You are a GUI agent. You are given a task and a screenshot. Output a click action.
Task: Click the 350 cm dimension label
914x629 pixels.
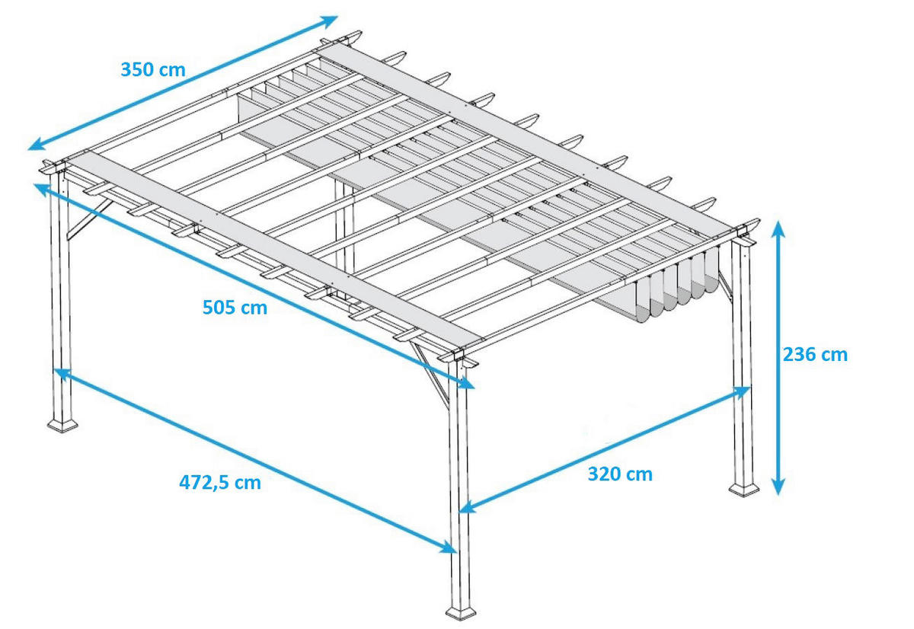click(153, 69)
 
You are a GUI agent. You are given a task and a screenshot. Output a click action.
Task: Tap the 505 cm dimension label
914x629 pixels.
click(235, 307)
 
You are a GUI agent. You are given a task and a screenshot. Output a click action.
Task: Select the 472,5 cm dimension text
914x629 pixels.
click(220, 483)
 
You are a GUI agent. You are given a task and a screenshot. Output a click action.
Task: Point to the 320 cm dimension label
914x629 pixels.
click(620, 474)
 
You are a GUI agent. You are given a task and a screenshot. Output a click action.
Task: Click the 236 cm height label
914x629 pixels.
click(815, 354)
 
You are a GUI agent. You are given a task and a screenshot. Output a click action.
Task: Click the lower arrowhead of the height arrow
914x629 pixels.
click(778, 487)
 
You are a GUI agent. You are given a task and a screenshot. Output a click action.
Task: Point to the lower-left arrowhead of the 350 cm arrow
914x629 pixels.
click(37, 145)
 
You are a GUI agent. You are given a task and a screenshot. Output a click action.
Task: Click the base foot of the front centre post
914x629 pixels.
click(461, 613)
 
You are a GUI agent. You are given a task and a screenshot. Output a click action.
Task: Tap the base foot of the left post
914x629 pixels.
click(62, 425)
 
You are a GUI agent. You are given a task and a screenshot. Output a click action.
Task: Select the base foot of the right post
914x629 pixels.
click(744, 490)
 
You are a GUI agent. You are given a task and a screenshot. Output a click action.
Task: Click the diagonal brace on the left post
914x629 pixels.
click(89, 219)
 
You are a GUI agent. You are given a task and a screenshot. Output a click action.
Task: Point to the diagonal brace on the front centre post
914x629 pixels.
click(430, 376)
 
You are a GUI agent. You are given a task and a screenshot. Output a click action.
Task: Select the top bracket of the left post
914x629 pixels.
click(54, 168)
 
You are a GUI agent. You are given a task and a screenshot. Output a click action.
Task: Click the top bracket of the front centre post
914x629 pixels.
click(457, 357)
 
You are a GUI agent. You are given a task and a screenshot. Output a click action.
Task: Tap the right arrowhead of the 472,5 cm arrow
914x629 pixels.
click(448, 548)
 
